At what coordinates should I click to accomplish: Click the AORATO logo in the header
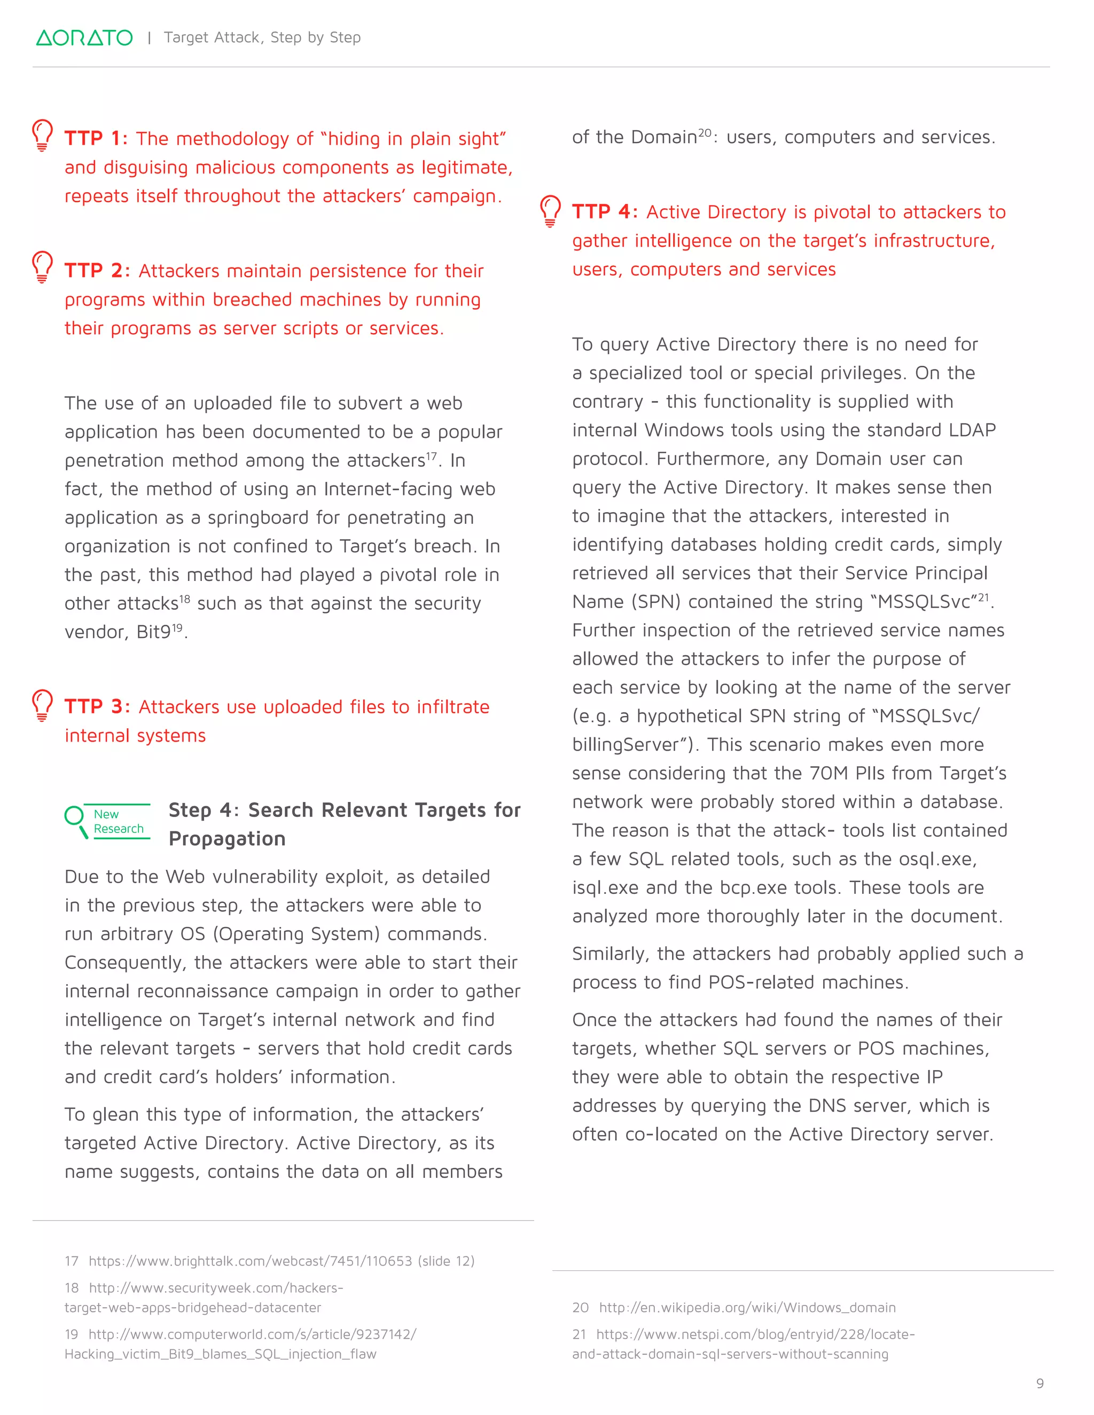(x=84, y=37)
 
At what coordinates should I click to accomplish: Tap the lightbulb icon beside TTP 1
(x=42, y=135)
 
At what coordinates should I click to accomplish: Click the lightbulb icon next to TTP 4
(x=550, y=210)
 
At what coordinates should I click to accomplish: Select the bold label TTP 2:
(x=97, y=271)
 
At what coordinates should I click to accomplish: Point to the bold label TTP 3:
(x=97, y=707)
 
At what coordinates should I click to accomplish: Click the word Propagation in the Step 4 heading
(x=227, y=839)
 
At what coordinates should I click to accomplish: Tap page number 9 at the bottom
(x=1040, y=1383)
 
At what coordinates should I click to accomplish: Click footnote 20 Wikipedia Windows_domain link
(x=747, y=1308)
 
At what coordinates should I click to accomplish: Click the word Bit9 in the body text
(x=153, y=632)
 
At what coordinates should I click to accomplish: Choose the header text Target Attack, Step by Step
(x=262, y=37)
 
